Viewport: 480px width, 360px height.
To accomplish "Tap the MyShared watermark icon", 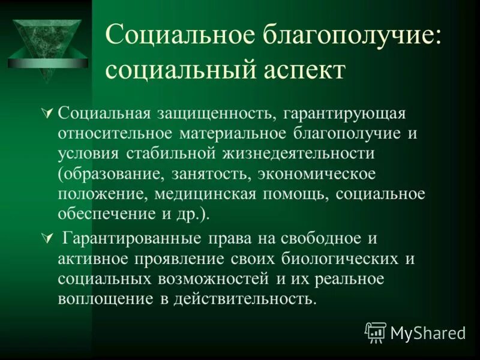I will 376,332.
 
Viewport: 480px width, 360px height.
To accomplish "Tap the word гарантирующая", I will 337,113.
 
